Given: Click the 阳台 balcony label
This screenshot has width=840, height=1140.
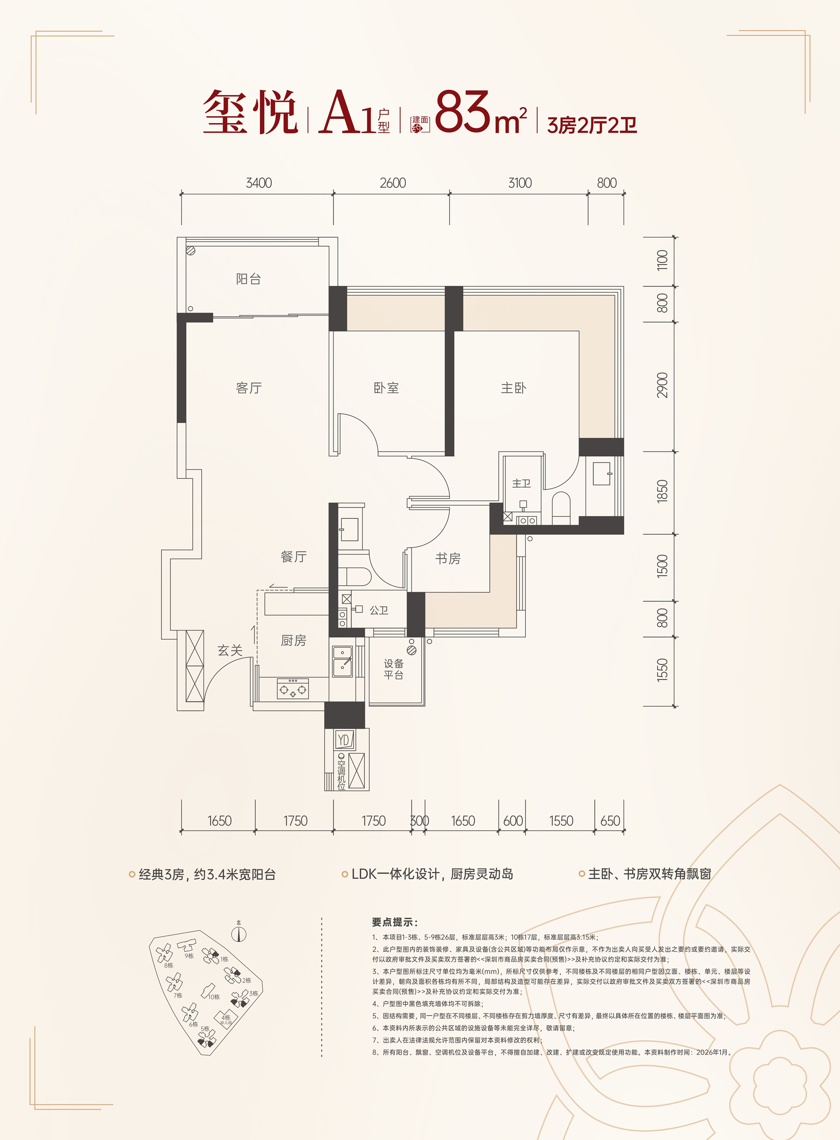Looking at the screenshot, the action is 249,278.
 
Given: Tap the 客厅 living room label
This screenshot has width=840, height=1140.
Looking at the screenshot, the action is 249,388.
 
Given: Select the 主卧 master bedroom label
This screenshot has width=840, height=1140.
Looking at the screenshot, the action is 514,388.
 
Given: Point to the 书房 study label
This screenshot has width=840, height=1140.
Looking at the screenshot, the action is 448,558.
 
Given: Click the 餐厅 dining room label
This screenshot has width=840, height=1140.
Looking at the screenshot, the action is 294,557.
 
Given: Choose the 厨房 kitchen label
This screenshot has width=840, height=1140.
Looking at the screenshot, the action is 294,641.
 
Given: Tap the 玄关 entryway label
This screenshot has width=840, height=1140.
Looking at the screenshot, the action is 230,650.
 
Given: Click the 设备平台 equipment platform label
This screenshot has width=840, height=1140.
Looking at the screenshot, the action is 394,669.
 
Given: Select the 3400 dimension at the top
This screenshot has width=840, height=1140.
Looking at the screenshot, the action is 259,183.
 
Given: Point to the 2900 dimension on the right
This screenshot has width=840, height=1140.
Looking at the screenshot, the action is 662,386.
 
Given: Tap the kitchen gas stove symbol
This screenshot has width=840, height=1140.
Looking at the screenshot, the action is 293,689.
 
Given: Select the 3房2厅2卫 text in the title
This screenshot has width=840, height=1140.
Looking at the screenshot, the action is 592,125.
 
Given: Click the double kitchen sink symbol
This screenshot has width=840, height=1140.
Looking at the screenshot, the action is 342,661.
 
